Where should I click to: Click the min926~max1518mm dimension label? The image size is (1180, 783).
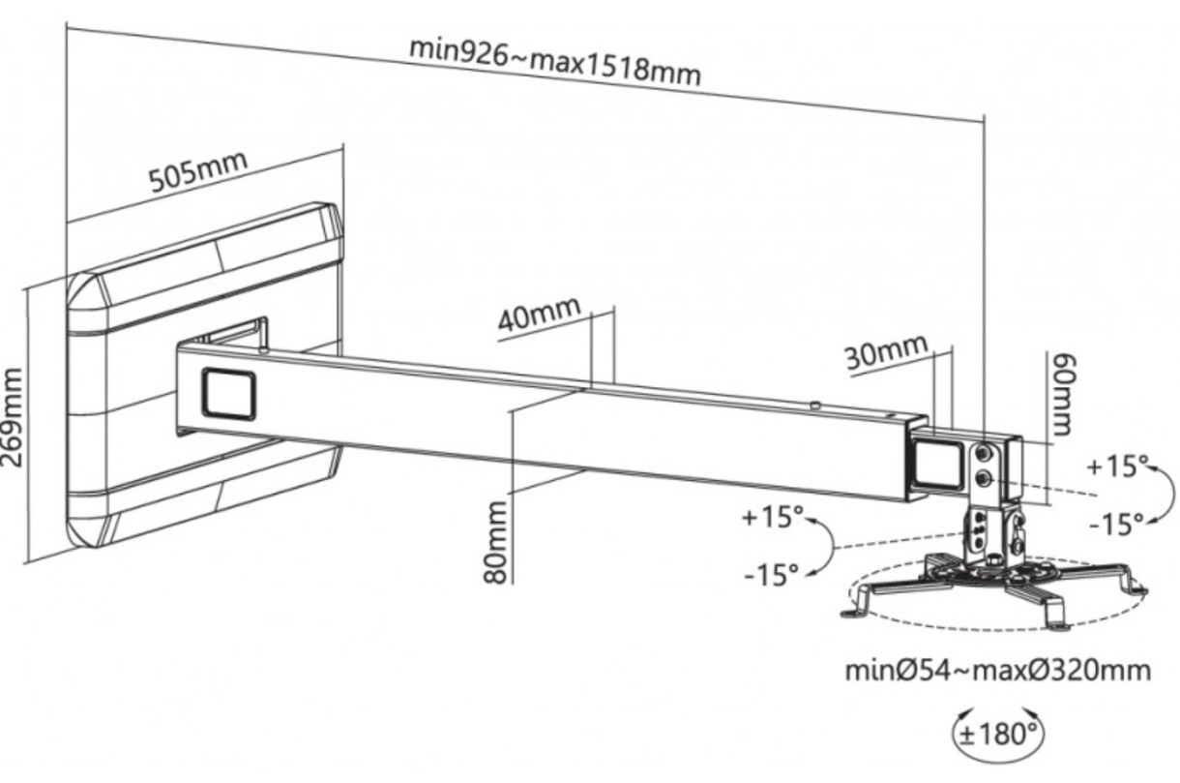554,61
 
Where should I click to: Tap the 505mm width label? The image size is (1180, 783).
197,172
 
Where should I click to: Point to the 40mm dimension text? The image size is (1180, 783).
540,316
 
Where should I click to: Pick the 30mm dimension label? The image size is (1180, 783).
886,352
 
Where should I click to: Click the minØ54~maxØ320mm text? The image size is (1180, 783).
998,670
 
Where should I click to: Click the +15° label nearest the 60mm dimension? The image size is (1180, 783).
1115,467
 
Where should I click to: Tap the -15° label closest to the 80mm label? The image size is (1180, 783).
772,574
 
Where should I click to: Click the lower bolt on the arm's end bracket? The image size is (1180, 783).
984,478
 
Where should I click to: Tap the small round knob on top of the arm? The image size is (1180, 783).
817,405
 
